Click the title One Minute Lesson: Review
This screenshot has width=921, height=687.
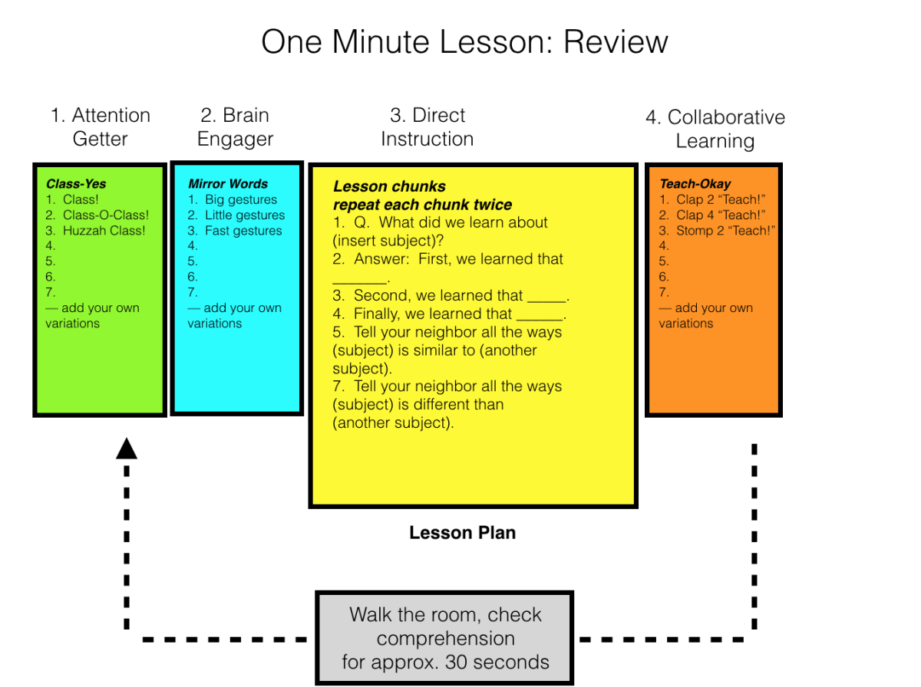(464, 41)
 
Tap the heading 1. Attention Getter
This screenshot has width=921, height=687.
(101, 127)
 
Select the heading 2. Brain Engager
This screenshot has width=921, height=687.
(235, 127)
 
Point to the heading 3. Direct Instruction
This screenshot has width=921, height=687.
(427, 127)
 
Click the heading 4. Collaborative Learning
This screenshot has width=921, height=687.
(715, 129)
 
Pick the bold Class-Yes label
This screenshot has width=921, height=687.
(76, 184)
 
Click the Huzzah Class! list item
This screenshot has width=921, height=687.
(104, 231)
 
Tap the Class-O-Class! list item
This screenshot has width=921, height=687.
(106, 215)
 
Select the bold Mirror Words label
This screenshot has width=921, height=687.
(228, 184)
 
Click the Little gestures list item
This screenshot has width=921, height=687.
(244, 215)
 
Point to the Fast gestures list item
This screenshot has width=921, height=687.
(243, 231)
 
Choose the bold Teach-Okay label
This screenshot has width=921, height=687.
(695, 184)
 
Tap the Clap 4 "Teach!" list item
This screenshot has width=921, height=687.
(721, 215)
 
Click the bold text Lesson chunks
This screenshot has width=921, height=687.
(389, 186)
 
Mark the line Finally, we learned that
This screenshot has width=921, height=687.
(449, 314)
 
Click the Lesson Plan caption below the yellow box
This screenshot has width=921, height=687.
(462, 533)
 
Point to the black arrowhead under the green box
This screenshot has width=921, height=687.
(126, 449)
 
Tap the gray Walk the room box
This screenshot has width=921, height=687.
(445, 638)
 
